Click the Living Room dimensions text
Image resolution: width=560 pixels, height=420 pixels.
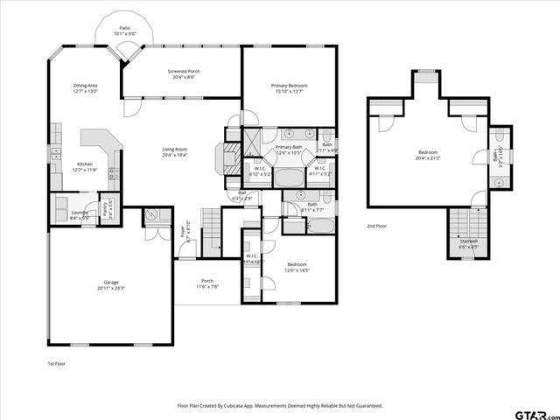click(x=175, y=154)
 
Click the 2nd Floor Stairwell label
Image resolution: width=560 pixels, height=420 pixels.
click(x=469, y=245)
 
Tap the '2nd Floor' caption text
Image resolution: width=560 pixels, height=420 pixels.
click(x=377, y=226)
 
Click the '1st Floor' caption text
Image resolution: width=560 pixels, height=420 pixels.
click(x=56, y=362)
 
